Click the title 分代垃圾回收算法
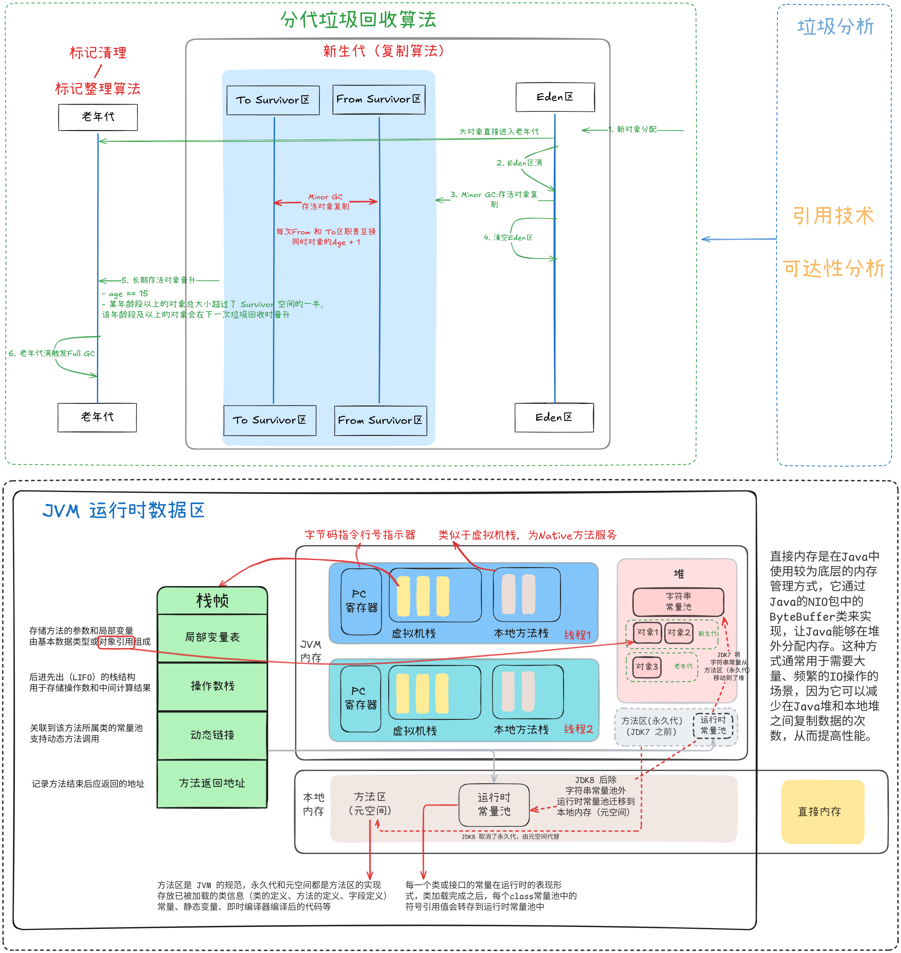(x=358, y=20)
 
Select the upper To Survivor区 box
(x=273, y=100)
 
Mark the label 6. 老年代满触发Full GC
(x=51, y=353)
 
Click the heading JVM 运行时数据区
(x=123, y=510)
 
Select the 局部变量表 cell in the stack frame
(x=212, y=637)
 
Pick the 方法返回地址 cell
(x=212, y=783)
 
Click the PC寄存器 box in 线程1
(x=361, y=601)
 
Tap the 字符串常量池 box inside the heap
(x=678, y=602)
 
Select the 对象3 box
(x=646, y=666)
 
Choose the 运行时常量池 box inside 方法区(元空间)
(x=494, y=805)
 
